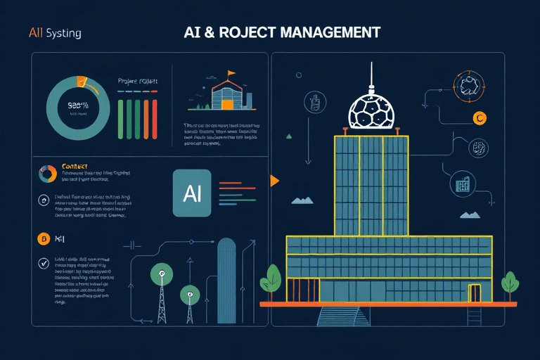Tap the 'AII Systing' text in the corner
55,33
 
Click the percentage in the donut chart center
77,108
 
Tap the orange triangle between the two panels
274,181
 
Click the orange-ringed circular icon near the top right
467,86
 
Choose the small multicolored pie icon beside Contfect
48,174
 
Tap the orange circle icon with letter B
44,239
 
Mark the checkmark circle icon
44,265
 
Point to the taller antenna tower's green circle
162,274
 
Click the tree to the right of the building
509,284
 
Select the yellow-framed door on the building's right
475,292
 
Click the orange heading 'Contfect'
75,167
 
